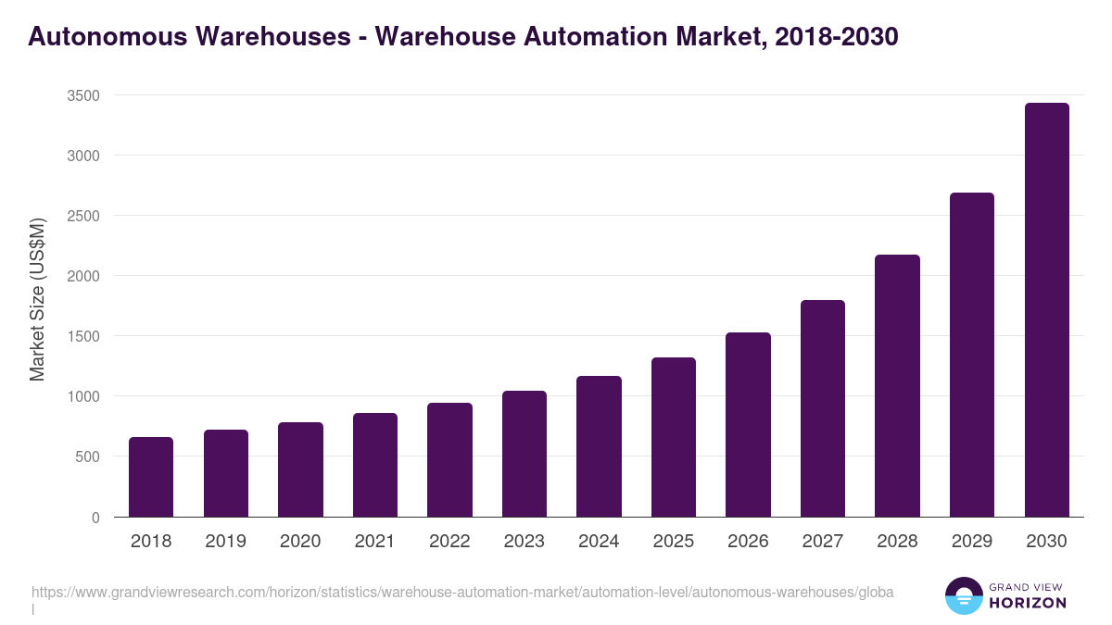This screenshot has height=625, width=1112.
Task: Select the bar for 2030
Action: click(1046, 310)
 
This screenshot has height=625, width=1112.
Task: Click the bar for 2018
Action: click(151, 477)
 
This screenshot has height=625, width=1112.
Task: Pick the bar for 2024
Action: click(599, 446)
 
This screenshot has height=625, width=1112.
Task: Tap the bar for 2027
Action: click(823, 408)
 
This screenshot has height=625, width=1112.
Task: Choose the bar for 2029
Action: click(972, 355)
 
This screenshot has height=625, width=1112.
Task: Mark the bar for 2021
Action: click(374, 465)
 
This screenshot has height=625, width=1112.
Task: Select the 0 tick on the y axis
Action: click(95, 518)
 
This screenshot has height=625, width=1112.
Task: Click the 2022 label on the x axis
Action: click(449, 542)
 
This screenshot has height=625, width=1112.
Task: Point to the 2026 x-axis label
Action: click(748, 542)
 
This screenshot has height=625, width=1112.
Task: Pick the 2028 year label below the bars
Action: click(897, 542)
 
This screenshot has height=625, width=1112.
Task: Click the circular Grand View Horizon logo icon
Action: click(963, 595)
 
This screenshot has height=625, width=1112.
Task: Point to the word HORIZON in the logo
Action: click(1029, 603)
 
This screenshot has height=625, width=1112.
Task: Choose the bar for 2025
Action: click(674, 437)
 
